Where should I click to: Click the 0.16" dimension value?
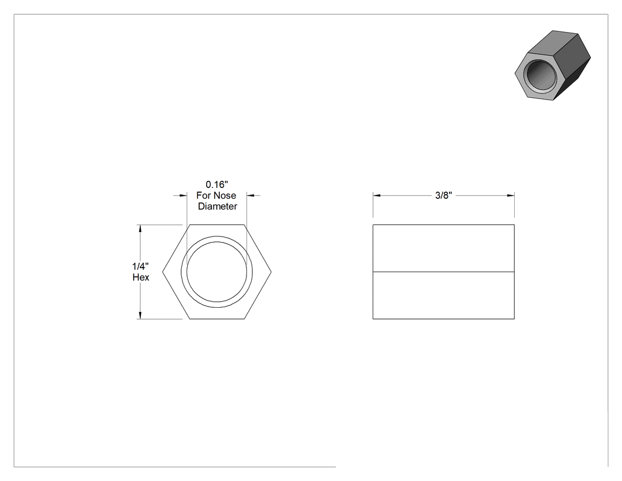coord(217,184)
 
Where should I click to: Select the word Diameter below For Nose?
coord(217,206)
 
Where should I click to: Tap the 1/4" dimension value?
coord(140,266)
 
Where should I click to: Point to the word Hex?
coord(141,277)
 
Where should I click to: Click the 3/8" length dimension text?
coord(444,195)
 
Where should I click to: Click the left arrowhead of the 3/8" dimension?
coord(376,195)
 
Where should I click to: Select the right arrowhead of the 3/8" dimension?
coord(511,195)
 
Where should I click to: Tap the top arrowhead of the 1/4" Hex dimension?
coord(140,228)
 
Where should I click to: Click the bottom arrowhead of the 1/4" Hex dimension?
coord(140,315)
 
